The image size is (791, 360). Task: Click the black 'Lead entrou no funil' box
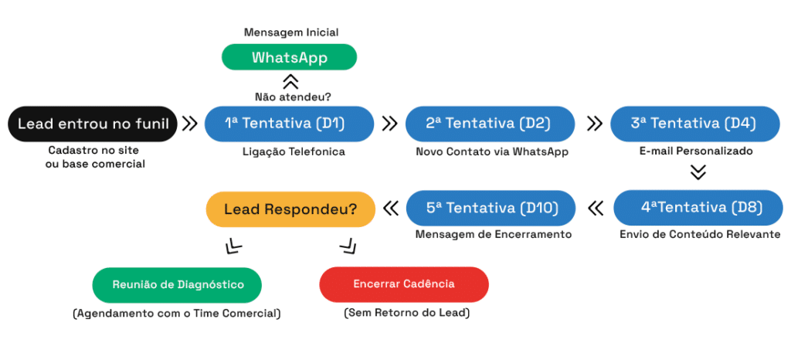(x=93, y=124)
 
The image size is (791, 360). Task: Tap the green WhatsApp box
(x=290, y=57)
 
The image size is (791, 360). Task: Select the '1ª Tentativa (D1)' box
(x=289, y=124)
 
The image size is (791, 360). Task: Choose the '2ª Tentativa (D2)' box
(x=491, y=124)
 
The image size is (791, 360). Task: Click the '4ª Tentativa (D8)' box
(x=698, y=207)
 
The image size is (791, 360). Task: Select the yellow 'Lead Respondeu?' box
(x=290, y=209)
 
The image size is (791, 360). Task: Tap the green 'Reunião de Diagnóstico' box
(x=177, y=285)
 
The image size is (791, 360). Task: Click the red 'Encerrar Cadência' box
(x=404, y=284)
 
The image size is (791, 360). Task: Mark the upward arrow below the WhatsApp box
(x=290, y=82)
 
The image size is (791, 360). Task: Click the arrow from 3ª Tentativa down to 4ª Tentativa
(x=698, y=172)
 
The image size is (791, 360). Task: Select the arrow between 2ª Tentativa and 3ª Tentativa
(x=596, y=124)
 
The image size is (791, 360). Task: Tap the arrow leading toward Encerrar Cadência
(x=348, y=246)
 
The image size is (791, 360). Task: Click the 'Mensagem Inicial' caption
(x=291, y=32)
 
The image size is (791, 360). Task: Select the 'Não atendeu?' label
(x=290, y=97)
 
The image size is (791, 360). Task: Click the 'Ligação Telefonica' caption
(x=294, y=151)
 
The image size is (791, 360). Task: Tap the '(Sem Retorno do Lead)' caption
(x=406, y=313)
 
